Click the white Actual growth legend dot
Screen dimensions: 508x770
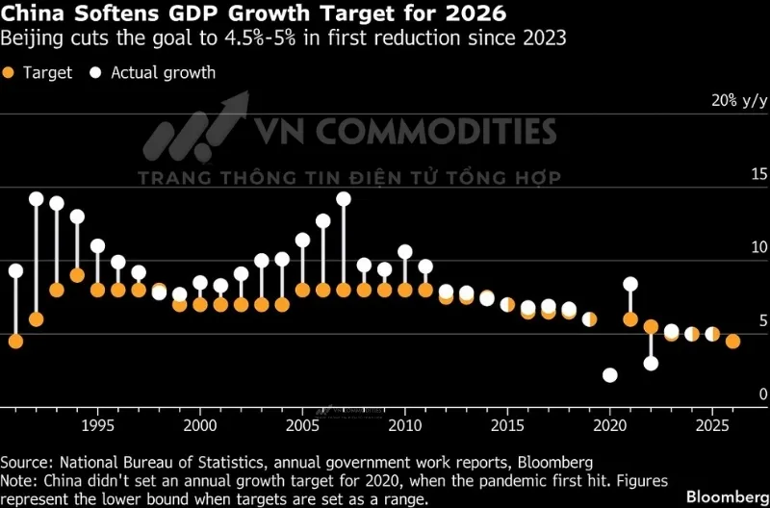pyautogui.click(x=95, y=72)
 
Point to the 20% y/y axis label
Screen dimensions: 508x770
pyautogui.click(x=739, y=100)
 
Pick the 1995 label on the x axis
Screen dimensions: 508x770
pyautogui.click(x=97, y=424)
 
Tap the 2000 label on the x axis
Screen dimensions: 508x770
pyautogui.click(x=199, y=424)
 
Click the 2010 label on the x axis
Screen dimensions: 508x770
pyautogui.click(x=404, y=424)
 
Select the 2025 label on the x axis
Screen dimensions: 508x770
pyautogui.click(x=712, y=424)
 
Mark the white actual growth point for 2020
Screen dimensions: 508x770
pyautogui.click(x=609, y=375)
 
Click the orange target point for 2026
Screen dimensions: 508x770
pyautogui.click(x=732, y=341)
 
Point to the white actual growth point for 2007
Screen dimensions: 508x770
pyautogui.click(x=344, y=199)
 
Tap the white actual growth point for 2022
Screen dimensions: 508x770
pyautogui.click(x=651, y=363)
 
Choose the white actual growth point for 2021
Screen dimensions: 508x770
pyautogui.click(x=630, y=284)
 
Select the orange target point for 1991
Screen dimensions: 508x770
pyautogui.click(x=15, y=341)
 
